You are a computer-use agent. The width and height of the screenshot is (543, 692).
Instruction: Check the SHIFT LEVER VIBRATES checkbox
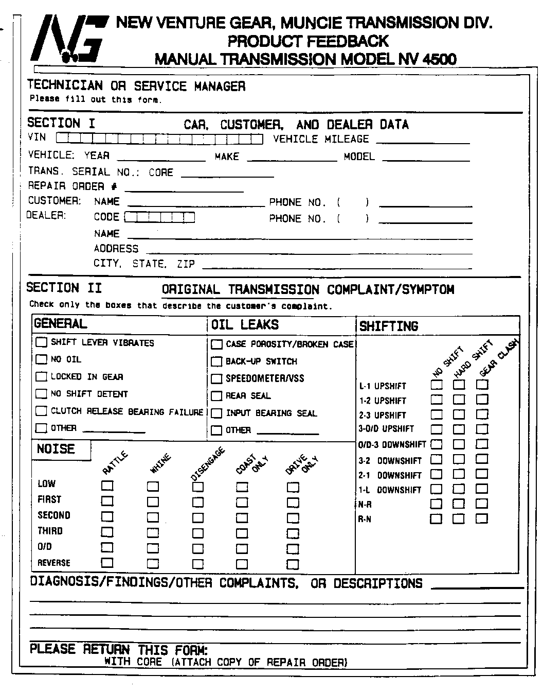[x=41, y=342]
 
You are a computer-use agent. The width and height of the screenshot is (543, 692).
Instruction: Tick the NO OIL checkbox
[x=41, y=359]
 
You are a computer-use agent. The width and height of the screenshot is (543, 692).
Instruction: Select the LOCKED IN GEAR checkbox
[x=41, y=376]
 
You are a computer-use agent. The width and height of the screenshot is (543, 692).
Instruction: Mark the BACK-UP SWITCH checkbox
[x=216, y=361]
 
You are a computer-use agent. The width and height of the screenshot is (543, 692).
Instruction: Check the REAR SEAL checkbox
[x=216, y=396]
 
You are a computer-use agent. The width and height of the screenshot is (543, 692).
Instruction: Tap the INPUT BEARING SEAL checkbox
[x=216, y=413]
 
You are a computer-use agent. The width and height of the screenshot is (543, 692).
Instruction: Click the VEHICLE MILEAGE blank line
[x=423, y=141]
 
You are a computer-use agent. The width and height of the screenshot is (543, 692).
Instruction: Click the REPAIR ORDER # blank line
[x=184, y=189]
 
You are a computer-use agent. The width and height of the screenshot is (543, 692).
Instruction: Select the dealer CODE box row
[x=160, y=217]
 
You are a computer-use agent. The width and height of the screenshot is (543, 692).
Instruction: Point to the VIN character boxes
[x=159, y=138]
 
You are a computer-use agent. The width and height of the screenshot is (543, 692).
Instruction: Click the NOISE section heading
[x=56, y=449]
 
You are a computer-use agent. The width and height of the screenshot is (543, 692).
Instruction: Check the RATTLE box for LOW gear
[x=107, y=485]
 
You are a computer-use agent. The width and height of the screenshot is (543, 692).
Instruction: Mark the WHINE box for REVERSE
[x=153, y=563]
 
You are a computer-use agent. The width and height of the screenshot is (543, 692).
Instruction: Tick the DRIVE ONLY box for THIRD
[x=293, y=533]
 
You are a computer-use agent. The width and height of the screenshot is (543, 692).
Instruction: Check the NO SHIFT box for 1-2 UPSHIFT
[x=436, y=399]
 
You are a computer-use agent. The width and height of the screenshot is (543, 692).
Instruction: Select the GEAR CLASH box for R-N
[x=482, y=518]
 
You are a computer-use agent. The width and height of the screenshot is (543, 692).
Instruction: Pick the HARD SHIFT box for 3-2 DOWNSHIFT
[x=459, y=459]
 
